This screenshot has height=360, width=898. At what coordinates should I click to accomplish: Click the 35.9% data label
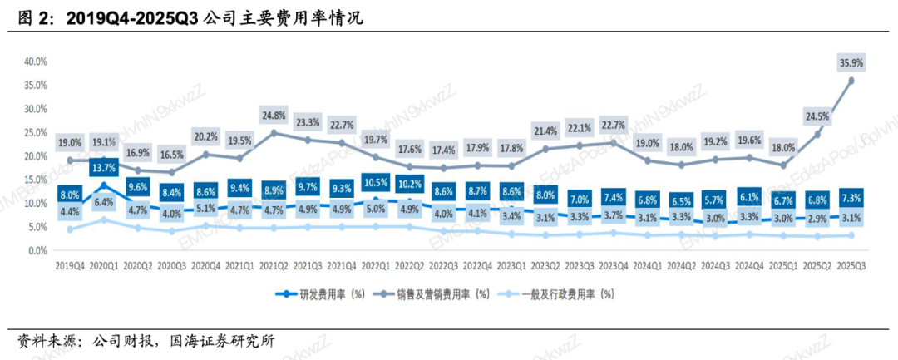(851, 62)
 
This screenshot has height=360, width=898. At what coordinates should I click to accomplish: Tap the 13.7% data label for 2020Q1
(104, 169)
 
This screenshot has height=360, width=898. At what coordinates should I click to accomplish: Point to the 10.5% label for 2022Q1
(376, 182)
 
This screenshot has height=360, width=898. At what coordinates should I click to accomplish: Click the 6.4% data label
(104, 202)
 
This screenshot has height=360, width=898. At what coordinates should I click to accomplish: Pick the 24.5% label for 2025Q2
(817, 116)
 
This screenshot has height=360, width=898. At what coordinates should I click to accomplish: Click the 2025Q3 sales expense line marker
(851, 81)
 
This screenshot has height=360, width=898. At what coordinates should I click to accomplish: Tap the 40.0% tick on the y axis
(36, 62)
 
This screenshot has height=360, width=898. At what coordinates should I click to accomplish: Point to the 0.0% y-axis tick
(38, 250)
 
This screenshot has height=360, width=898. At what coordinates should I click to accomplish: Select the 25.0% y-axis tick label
(36, 132)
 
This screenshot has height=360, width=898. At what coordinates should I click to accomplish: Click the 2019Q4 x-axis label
(70, 265)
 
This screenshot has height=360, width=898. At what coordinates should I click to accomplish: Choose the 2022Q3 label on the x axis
(443, 265)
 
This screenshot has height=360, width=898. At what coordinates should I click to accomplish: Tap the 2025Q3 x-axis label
(851, 265)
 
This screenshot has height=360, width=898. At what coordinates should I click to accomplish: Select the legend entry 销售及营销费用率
(452, 293)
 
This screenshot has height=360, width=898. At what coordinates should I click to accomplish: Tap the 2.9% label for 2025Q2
(817, 218)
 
